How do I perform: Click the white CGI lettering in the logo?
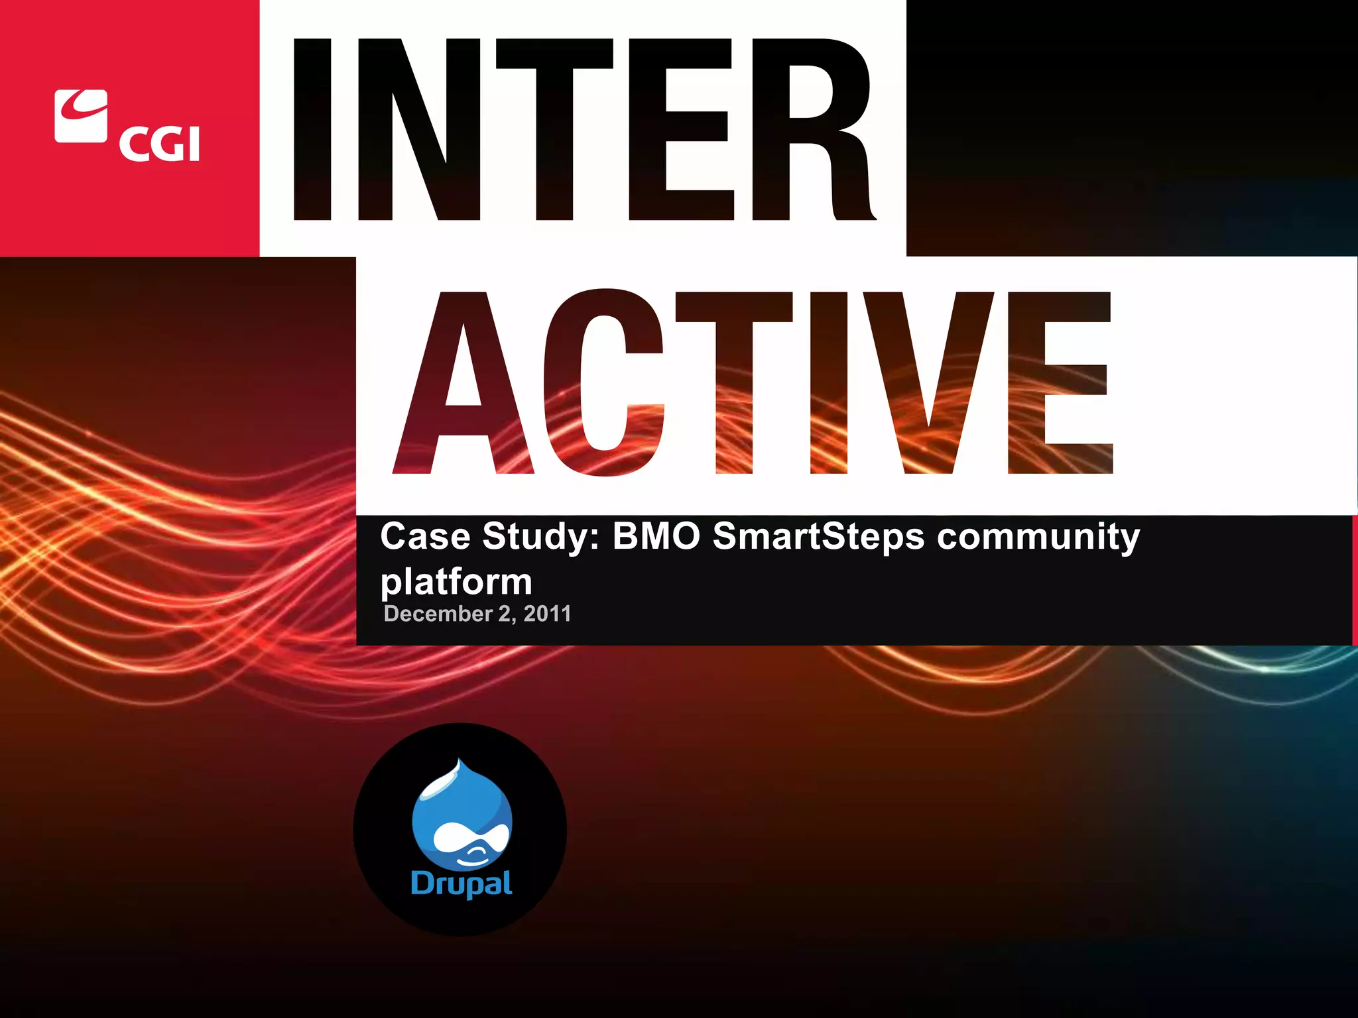click(x=160, y=144)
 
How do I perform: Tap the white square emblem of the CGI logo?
click(x=81, y=116)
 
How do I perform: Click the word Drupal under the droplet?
click(x=462, y=883)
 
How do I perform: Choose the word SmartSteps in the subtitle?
click(x=818, y=537)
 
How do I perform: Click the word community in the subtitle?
click(x=1038, y=537)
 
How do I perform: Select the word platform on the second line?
click(x=456, y=582)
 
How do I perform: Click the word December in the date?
click(x=438, y=614)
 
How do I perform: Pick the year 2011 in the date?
click(x=547, y=614)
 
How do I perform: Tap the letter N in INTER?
click(x=418, y=129)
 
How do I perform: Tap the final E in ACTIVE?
click(x=1059, y=383)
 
